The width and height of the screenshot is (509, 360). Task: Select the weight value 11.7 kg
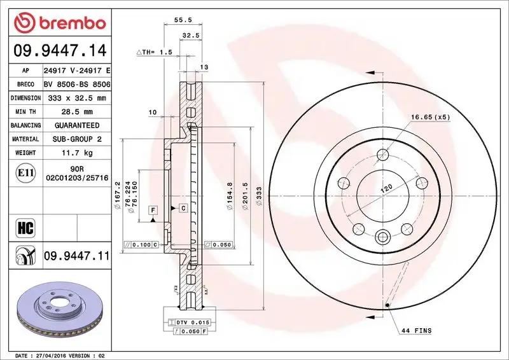click(x=77, y=153)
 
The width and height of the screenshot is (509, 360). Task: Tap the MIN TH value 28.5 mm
click(x=77, y=112)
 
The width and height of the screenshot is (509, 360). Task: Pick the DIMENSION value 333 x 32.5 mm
click(x=77, y=98)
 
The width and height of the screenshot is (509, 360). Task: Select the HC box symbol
click(x=21, y=226)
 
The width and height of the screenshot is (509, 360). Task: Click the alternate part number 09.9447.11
click(x=77, y=256)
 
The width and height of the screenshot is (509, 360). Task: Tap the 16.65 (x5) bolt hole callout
click(x=430, y=117)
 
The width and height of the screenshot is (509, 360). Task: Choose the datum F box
click(x=153, y=209)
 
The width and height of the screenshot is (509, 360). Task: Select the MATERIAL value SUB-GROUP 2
click(x=77, y=139)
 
